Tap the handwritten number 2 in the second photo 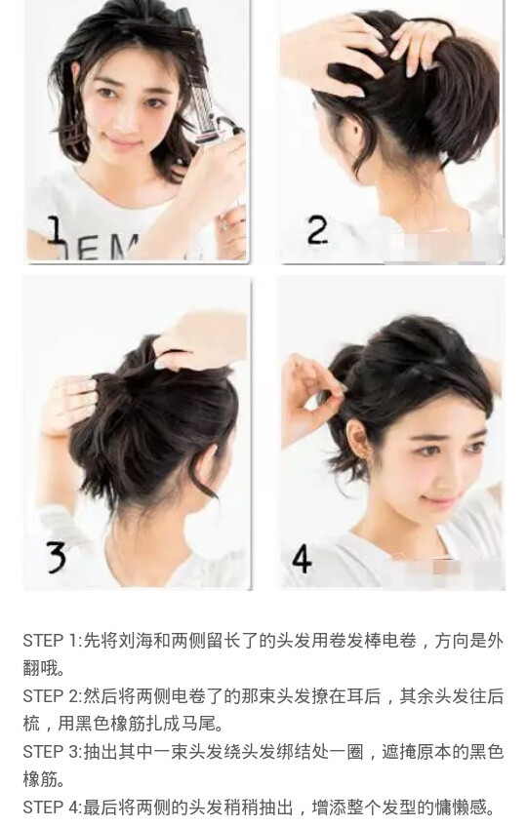point(318,230)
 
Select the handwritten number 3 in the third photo point(56,557)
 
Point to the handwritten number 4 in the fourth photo point(302,558)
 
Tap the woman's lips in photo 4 point(439,500)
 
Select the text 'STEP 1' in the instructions point(50,641)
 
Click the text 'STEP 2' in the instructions point(50,695)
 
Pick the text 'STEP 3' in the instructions point(50,751)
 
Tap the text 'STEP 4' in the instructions point(50,807)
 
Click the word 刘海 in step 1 point(136,641)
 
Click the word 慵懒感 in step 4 point(460,807)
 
